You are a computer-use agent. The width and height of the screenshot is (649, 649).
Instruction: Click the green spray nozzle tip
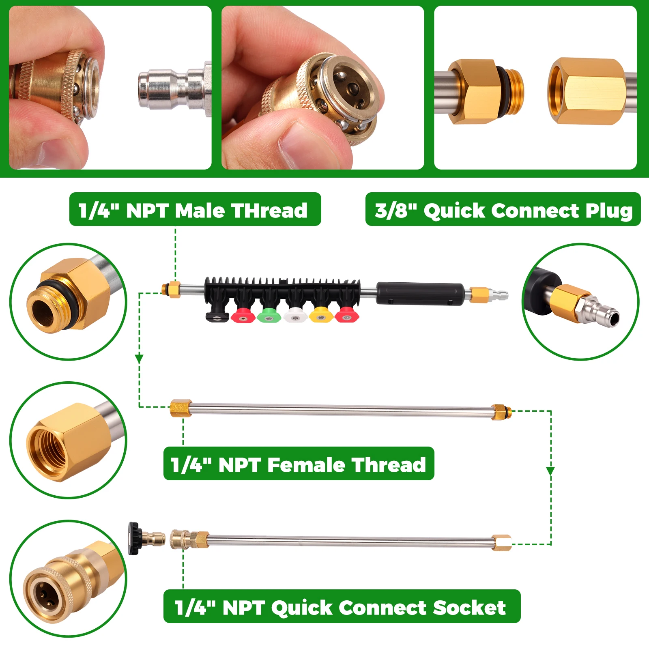tap(268, 316)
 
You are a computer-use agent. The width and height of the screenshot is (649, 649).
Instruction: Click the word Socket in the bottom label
tap(469, 608)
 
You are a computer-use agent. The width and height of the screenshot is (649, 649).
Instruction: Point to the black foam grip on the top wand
tap(420, 293)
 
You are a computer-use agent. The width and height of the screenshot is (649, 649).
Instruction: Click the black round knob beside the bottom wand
tap(133, 538)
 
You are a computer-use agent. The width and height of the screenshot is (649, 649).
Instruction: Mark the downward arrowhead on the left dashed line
tap(139, 359)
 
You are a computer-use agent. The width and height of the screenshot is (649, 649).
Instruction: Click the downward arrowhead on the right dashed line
tap(550, 471)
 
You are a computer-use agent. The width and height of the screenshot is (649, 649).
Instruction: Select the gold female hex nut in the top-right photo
tap(586, 91)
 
